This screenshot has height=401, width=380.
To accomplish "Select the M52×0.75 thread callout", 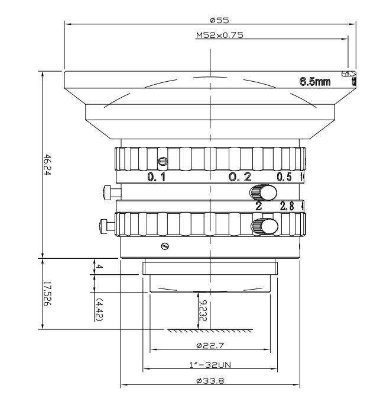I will click(x=219, y=35).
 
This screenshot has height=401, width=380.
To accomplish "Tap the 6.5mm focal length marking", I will click(x=316, y=82).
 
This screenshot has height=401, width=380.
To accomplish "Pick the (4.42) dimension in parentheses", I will click(x=100, y=310).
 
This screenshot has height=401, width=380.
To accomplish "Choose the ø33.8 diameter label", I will click(x=210, y=381).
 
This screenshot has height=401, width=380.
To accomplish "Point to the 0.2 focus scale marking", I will click(x=240, y=177).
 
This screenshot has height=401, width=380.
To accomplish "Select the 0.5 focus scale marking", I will click(x=285, y=177).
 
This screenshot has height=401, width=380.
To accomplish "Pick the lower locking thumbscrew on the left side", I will click(x=106, y=225).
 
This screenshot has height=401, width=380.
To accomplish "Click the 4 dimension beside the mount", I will click(x=100, y=268).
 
